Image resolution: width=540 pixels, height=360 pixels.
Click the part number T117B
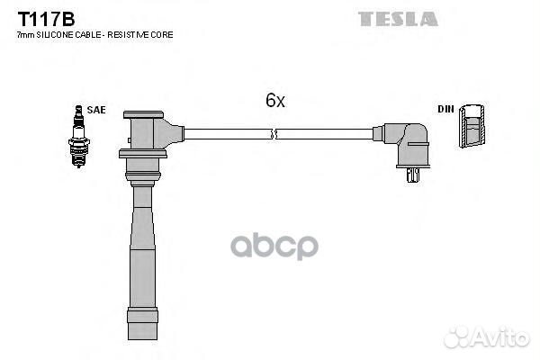tap(46, 19)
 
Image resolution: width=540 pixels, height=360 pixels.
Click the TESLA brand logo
tap(398, 19)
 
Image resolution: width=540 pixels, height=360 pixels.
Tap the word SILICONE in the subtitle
tap(55, 35)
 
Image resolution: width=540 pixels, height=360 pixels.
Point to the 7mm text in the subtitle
tap(26, 35)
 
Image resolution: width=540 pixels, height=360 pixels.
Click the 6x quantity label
tap(275, 101)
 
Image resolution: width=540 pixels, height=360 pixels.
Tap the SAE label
tap(96, 110)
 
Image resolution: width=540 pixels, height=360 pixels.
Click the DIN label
tap(445, 109)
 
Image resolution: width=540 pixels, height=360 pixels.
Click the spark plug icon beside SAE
tap(79, 137)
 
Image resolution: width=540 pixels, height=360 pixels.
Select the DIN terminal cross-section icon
tap(472, 125)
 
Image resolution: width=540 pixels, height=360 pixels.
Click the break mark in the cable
tap(274, 134)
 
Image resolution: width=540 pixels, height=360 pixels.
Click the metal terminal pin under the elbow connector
tap(412, 175)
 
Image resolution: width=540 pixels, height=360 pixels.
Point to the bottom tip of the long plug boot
tap(142, 339)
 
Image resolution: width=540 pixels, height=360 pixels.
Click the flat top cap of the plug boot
tap(143, 114)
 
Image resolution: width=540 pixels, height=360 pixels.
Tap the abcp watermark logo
tap(274, 246)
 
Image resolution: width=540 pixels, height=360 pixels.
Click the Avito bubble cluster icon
tap(458, 337)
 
